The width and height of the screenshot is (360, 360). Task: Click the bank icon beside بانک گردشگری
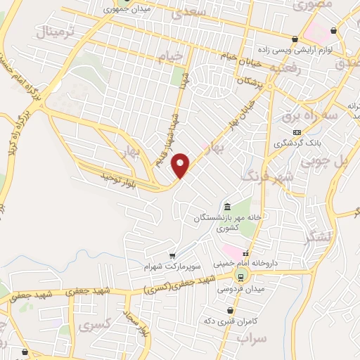297,131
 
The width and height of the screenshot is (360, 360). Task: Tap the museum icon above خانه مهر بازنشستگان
228,207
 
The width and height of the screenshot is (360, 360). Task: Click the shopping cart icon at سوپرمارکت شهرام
172,256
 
